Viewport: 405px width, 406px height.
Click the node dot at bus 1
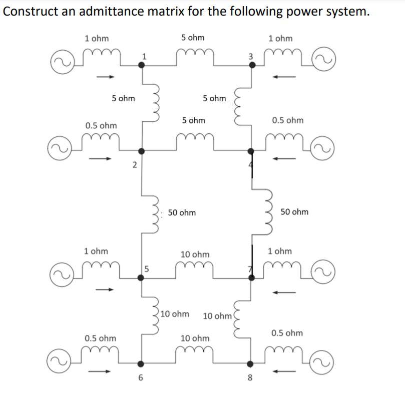(x=142, y=64)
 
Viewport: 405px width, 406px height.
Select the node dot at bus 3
(x=252, y=64)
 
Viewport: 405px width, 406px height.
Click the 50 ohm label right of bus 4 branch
(x=294, y=212)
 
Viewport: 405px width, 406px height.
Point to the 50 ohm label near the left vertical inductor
(x=182, y=213)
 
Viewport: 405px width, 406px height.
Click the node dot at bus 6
(x=142, y=363)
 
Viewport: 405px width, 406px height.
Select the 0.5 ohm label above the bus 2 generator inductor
(x=101, y=125)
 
